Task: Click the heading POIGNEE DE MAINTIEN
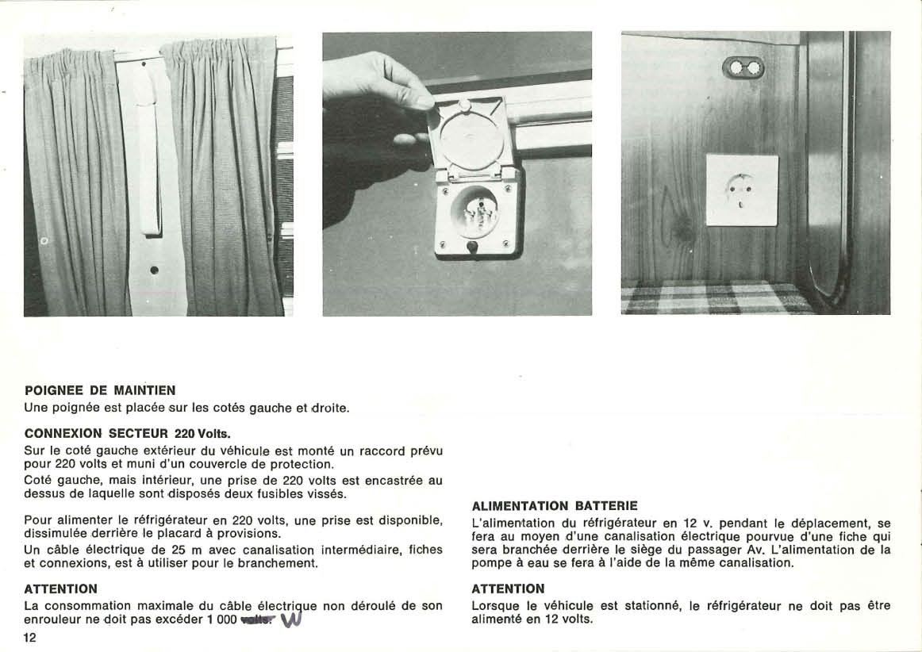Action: (x=100, y=390)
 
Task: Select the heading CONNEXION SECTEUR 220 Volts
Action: (x=127, y=433)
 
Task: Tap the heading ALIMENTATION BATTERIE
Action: (x=554, y=505)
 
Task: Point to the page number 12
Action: (x=30, y=638)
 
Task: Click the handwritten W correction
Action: (x=291, y=619)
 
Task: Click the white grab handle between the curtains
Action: (x=149, y=159)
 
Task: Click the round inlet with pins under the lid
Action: (x=474, y=211)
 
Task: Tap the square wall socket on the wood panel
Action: (x=742, y=190)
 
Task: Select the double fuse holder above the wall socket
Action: (x=743, y=68)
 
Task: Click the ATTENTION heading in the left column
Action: (x=61, y=589)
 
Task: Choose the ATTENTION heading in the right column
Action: (x=508, y=589)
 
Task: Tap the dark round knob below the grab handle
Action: (x=154, y=270)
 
